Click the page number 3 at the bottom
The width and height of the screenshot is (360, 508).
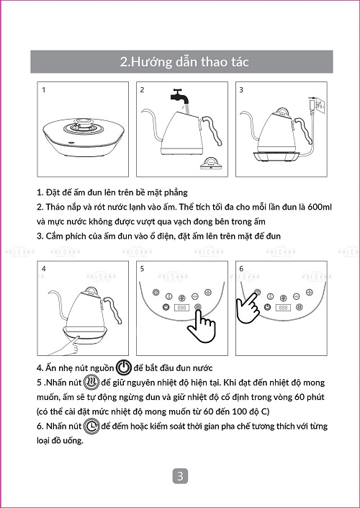click(180, 476)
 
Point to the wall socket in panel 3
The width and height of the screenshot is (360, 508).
click(320, 104)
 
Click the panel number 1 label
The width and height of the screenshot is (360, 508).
click(44, 90)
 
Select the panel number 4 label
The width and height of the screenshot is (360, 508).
click(44, 269)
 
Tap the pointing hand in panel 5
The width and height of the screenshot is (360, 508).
click(201, 326)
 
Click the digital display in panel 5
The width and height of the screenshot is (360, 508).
click(182, 308)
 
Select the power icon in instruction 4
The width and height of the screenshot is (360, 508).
click(124, 367)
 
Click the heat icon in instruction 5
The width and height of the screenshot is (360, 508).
click(91, 383)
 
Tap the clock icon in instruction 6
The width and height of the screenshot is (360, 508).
click(91, 426)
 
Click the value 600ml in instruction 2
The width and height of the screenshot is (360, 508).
click(320, 207)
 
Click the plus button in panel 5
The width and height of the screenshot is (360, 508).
click(207, 293)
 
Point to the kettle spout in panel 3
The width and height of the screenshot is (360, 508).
click(252, 124)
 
